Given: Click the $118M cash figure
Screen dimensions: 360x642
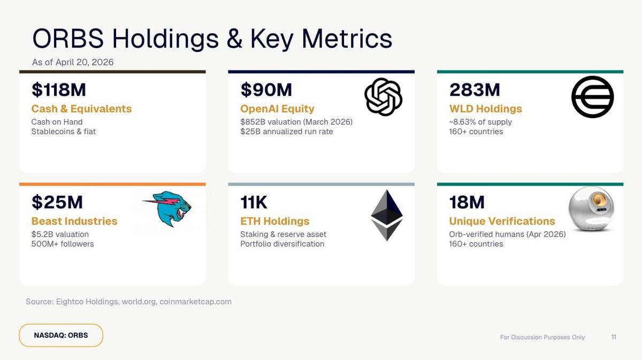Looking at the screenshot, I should coord(58,90).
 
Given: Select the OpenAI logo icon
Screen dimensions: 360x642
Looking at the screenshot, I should coord(383,97).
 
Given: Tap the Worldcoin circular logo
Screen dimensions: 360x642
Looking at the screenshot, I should coord(592,97).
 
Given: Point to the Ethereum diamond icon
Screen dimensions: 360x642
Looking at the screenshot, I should coord(386,215).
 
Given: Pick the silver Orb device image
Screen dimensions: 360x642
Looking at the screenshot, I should coord(591,209).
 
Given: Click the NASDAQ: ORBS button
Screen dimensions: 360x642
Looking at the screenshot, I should coord(61,335).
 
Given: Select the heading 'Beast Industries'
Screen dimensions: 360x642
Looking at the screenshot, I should coord(74,221).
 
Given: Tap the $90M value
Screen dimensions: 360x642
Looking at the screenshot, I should coord(266,90).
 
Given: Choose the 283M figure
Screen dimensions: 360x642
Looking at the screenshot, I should coord(475,90).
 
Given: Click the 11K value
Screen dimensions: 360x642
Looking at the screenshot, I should coord(254,202).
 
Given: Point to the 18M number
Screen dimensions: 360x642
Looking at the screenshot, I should coord(467,202).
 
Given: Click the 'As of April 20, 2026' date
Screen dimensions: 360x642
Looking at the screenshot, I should coord(73,62).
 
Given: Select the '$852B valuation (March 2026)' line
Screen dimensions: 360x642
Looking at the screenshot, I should coord(296,122).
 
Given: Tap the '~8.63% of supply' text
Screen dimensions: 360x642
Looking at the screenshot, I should coord(480,122).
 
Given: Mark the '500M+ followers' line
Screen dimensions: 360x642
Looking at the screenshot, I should coord(63,244).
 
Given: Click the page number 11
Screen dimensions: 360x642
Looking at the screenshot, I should coord(614,337).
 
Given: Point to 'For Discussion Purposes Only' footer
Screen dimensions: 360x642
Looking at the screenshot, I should coord(542,338).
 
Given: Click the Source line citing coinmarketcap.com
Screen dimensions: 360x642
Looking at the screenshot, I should coord(128,302).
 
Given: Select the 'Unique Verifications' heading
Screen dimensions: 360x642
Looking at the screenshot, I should coord(502,221).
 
